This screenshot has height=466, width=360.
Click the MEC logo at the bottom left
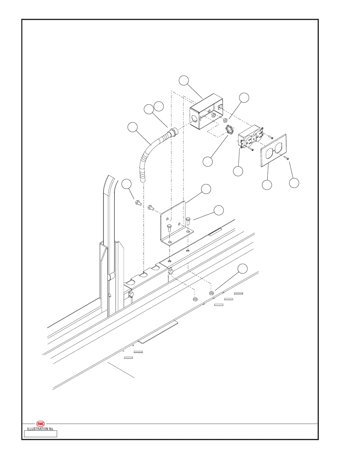(x=40, y=424)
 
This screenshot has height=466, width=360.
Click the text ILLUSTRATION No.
(x=40, y=429)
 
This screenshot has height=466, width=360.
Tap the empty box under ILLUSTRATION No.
(x=40, y=434)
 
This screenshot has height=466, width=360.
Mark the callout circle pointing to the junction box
(x=184, y=81)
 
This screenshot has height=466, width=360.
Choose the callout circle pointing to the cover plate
(x=267, y=185)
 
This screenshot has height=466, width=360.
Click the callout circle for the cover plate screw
(x=294, y=183)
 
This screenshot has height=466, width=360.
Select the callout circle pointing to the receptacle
(x=238, y=171)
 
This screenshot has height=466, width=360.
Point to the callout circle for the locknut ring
(x=208, y=162)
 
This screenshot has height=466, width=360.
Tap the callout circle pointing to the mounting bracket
(x=206, y=189)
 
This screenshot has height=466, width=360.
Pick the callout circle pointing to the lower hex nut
(x=242, y=269)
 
